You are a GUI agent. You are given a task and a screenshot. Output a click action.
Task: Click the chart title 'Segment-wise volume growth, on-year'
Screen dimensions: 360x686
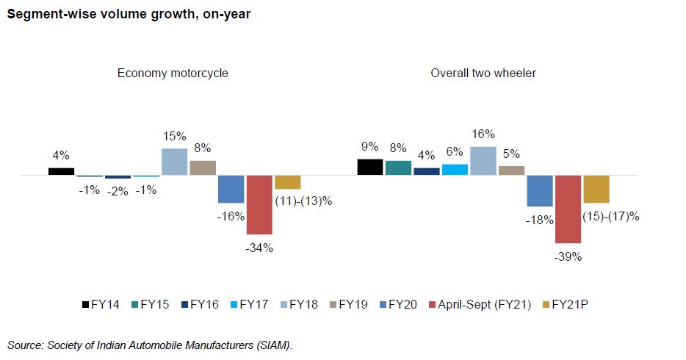[x=129, y=15]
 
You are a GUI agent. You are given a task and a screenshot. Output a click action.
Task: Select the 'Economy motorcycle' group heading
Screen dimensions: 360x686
[x=173, y=73]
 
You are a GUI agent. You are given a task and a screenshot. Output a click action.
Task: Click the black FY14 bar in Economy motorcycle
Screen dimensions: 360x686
[x=61, y=172]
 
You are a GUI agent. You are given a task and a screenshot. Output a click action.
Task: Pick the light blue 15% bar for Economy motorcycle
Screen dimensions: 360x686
[x=174, y=162]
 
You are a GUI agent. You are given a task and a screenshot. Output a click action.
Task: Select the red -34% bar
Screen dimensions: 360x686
[x=259, y=205]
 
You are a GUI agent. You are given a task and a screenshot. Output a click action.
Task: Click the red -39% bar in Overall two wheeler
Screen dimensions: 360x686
[x=568, y=209]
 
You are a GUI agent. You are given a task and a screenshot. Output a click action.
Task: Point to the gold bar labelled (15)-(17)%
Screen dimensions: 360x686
[x=596, y=190]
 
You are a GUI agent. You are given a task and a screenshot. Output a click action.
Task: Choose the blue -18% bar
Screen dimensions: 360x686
[x=540, y=191]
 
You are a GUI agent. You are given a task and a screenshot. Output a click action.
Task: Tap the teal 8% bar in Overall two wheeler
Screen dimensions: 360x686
[x=398, y=168]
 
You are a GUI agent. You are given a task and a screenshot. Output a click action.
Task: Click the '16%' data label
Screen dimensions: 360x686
[x=483, y=134]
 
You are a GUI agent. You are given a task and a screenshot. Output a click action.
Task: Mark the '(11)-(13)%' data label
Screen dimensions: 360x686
[x=303, y=201]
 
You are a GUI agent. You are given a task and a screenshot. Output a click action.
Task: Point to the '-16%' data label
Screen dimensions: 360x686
[x=230, y=217]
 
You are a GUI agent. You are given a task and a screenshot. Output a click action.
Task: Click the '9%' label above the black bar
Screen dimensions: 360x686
[x=369, y=146]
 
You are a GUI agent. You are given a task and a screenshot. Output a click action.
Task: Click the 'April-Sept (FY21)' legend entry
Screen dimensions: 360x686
[x=481, y=304]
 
